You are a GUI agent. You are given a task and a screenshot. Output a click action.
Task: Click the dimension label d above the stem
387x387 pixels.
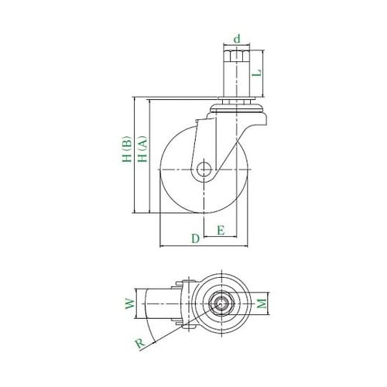(237, 39)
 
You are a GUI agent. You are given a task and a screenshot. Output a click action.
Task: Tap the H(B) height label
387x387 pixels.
(127, 149)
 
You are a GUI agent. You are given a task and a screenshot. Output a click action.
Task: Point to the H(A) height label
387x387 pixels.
(142, 149)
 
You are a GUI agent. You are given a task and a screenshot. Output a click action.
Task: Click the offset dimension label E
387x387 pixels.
(221, 230)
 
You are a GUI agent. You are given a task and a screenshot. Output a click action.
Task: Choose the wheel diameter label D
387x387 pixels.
(196, 238)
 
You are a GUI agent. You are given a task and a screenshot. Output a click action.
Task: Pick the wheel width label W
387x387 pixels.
(130, 304)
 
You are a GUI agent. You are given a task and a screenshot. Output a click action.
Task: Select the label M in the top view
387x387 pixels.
(262, 303)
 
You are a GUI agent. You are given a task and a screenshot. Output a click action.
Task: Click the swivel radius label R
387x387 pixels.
(140, 344)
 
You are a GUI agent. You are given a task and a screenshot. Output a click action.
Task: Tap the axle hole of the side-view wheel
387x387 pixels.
(204, 170)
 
